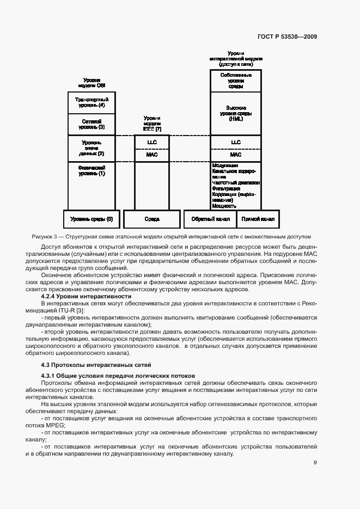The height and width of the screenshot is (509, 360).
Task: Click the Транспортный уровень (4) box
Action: coord(91,102)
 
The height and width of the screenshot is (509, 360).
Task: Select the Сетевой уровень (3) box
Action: coord(91,124)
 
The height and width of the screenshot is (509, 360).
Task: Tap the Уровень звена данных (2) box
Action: coord(91,148)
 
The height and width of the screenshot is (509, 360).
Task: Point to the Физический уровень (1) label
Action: coord(91,170)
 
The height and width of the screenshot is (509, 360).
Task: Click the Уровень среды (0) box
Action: coord(91,219)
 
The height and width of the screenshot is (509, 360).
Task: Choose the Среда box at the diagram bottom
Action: coord(152,219)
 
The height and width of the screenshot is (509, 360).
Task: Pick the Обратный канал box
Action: coord(209,219)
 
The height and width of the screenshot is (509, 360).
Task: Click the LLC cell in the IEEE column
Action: coord(152,142)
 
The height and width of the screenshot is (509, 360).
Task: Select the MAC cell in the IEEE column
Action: coord(152,155)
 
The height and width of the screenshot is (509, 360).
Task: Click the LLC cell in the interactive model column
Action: coord(236,142)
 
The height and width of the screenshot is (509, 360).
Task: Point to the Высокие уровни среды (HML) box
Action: coord(236,113)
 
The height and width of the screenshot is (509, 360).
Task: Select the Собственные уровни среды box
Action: coord(236,80)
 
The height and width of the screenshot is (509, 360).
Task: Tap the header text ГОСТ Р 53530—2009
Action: coord(288,37)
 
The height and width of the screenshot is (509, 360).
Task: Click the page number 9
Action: coord(315,463)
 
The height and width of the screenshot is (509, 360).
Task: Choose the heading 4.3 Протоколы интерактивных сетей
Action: coord(96,364)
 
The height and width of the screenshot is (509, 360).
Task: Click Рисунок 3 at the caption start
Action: coord(45,237)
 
